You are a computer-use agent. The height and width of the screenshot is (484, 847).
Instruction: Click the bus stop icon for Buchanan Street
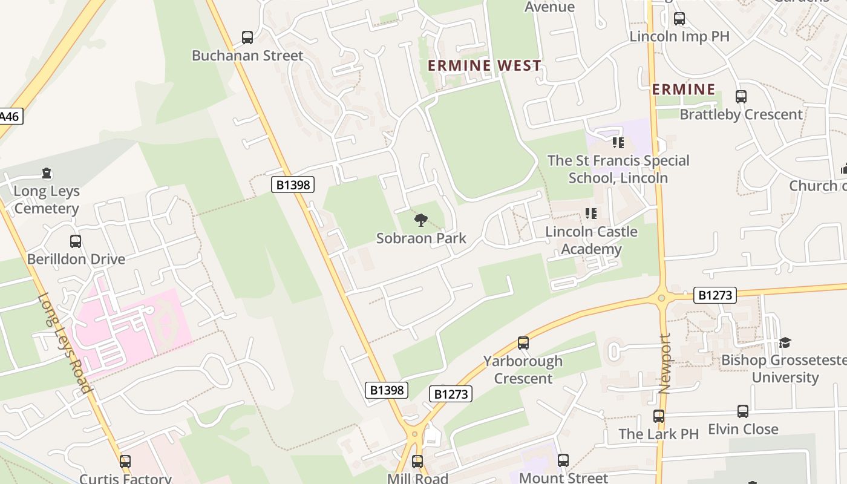point(247,38)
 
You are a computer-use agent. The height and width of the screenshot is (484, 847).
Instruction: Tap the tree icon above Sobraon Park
point(420,220)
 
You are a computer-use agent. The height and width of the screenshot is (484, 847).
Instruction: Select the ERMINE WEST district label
point(485,65)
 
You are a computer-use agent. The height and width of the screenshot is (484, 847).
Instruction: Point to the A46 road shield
point(9,116)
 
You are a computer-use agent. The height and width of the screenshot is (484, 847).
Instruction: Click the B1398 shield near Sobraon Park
point(293,185)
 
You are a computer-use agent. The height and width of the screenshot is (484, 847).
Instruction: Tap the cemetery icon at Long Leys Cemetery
point(47,174)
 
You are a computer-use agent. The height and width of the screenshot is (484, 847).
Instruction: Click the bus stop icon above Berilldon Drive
point(76,241)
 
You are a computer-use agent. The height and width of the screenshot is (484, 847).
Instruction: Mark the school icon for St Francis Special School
point(618,143)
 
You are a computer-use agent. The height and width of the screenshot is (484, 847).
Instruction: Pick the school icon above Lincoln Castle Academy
point(590,214)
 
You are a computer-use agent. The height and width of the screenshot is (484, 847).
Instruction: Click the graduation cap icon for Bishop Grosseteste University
point(785,342)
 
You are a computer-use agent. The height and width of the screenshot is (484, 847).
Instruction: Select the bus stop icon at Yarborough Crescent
point(523,343)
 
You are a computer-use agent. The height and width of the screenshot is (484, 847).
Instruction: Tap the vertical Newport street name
point(665,364)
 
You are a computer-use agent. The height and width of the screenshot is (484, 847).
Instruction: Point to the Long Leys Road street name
point(64,342)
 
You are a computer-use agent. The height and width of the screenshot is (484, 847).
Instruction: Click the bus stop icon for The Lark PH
point(659,416)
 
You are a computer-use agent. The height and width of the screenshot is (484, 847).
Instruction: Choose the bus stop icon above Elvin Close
point(743,411)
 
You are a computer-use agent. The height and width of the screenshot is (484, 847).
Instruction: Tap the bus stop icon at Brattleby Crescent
point(741,97)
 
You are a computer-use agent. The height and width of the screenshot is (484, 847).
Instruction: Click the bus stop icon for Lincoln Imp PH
point(679,19)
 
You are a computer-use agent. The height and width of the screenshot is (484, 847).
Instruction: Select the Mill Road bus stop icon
point(417,462)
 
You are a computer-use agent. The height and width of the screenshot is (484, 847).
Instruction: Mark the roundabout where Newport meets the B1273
point(661,298)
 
